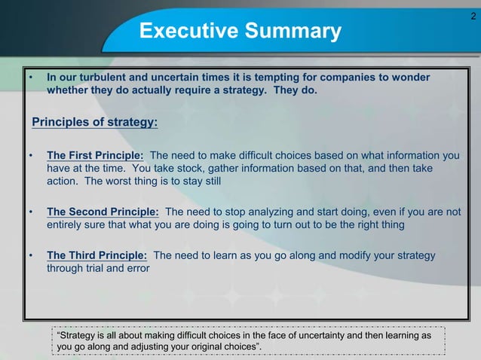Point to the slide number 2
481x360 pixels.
tap(472, 15)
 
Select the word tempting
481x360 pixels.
tap(296, 78)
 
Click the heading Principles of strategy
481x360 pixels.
tap(95, 122)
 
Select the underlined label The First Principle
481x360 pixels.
tap(96, 156)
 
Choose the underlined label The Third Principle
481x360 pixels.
tap(97, 255)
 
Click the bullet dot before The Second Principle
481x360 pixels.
tap(32, 212)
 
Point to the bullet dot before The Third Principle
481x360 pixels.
tap(32, 255)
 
